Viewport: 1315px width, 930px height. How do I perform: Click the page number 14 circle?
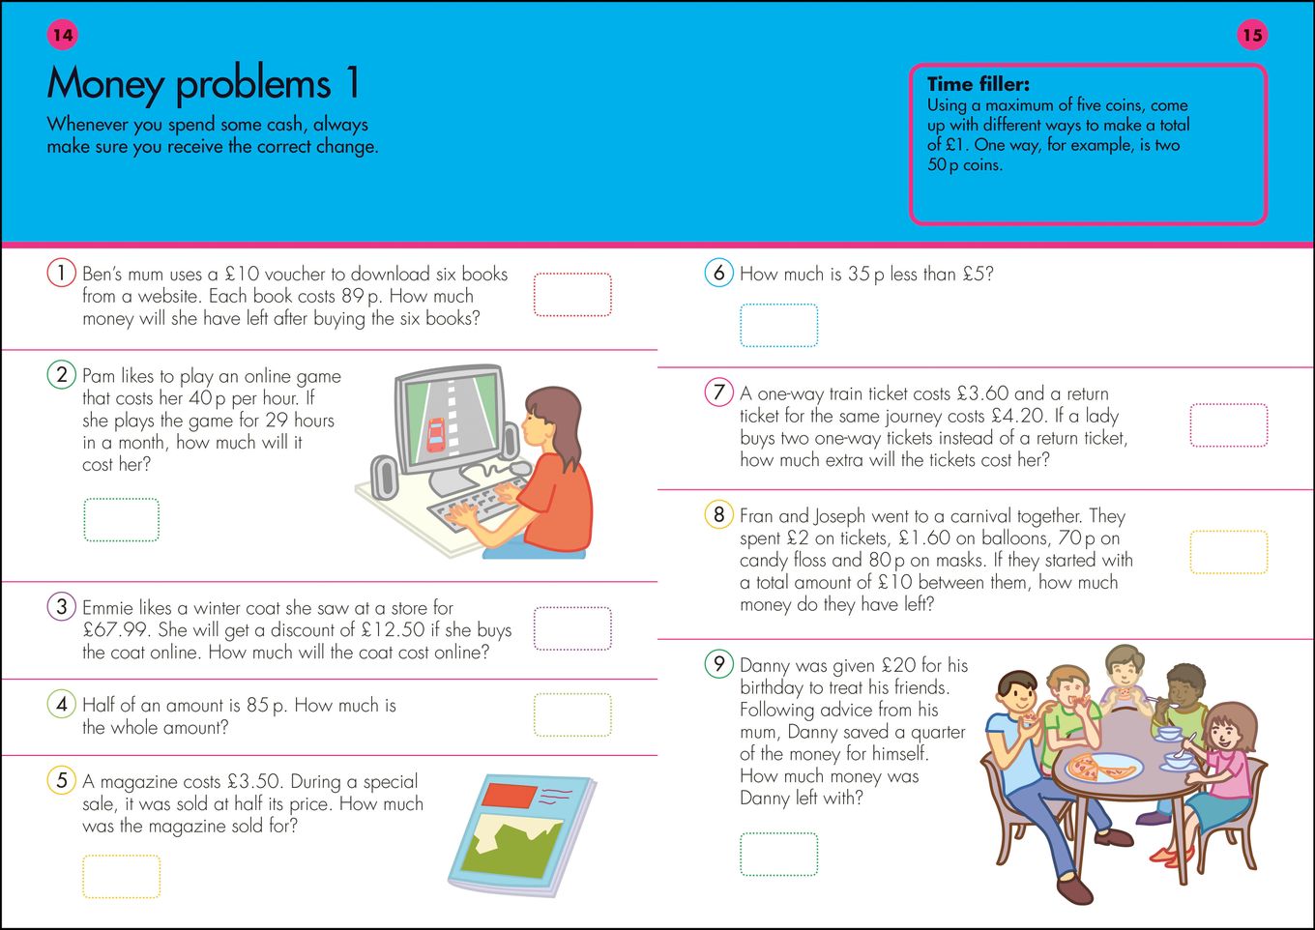(62, 35)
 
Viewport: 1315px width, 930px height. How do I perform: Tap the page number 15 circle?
(1252, 35)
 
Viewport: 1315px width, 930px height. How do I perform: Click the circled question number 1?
(61, 274)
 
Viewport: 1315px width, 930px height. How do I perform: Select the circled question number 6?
(718, 273)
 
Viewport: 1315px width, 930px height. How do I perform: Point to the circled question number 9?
(718, 664)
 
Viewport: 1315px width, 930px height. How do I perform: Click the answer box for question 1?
(572, 295)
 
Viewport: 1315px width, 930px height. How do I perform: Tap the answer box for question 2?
(122, 520)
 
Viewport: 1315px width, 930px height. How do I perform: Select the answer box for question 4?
(572, 715)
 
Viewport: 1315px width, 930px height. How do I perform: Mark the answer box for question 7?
(1228, 425)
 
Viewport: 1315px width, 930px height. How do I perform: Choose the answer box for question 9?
(778, 854)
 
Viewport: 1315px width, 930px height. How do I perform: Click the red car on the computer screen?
(437, 435)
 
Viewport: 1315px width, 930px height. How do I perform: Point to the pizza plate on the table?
(1102, 769)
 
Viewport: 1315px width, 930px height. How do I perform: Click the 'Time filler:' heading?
(978, 84)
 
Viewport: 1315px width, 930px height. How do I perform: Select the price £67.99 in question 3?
(113, 630)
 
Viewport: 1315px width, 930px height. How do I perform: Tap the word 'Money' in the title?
(105, 85)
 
